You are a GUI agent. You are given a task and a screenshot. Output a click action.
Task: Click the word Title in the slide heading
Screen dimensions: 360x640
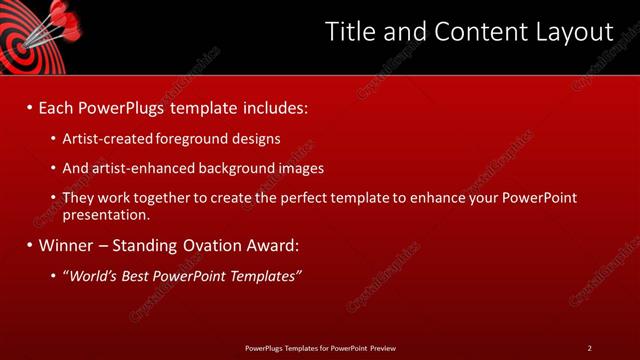pos(352,32)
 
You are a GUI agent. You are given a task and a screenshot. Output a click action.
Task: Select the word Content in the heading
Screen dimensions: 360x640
pos(474,32)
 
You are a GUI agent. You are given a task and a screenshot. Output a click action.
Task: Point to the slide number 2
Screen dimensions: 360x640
pos(589,347)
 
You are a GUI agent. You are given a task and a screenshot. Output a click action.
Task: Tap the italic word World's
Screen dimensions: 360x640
pos(94,275)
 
